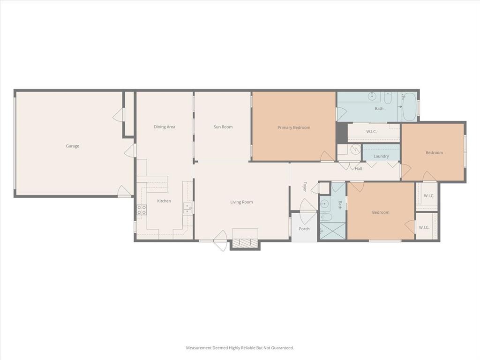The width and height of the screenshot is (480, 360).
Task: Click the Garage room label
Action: pos(72,146)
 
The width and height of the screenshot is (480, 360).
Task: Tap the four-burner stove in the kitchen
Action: pos(142,210)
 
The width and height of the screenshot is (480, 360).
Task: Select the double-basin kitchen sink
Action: pos(187,208)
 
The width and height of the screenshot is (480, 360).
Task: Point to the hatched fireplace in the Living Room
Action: pos(245,242)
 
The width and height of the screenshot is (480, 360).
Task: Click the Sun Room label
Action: pos(223,127)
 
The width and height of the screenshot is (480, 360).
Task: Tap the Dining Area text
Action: pos(165,127)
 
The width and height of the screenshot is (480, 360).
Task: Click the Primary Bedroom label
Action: pos(293,127)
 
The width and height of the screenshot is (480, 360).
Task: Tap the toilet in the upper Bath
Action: pos(388,98)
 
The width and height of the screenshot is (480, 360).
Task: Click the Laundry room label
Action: pos(381,156)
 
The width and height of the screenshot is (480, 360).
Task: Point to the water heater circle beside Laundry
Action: pos(356,150)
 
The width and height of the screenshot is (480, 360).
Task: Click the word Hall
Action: pos(358,169)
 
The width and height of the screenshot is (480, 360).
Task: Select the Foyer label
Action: pos(305,187)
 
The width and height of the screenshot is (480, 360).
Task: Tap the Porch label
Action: pos(304,229)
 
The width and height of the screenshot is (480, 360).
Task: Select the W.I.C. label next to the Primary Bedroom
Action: pos(371,132)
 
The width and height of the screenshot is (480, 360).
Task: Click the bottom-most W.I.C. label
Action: pos(424,227)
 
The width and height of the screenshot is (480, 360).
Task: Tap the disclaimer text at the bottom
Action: pos(240,348)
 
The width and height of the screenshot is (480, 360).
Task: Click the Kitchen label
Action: pos(164,201)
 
